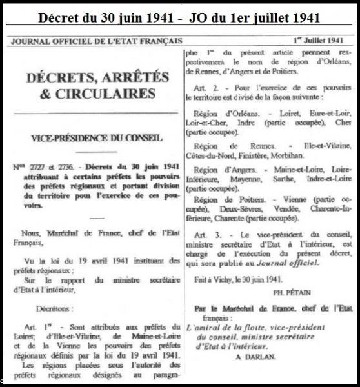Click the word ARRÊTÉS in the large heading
[x=132, y=77]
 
